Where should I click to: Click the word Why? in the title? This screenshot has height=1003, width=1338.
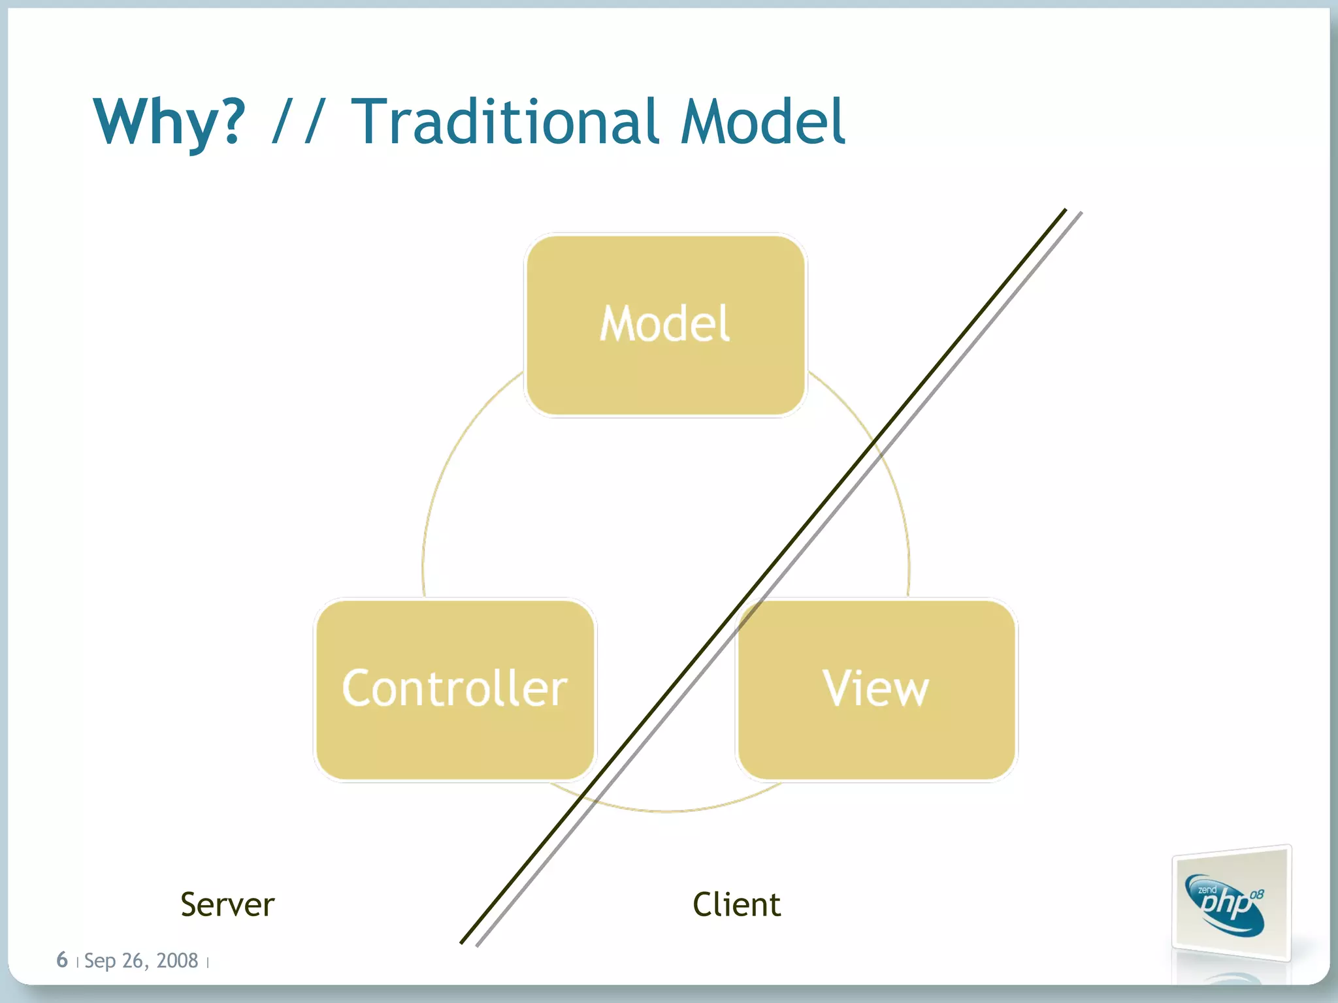click(169, 122)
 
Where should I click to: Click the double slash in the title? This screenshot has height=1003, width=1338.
click(297, 122)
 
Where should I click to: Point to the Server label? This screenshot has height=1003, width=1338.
click(227, 905)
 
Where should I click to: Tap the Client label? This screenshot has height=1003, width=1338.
click(736, 905)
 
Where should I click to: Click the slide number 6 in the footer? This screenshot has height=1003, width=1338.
click(62, 960)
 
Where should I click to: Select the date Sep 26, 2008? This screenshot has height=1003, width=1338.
click(141, 961)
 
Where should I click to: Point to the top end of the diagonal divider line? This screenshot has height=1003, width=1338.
click(1065, 210)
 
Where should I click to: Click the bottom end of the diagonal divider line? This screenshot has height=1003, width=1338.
click(462, 942)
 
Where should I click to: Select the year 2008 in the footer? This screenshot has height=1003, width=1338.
click(177, 961)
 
